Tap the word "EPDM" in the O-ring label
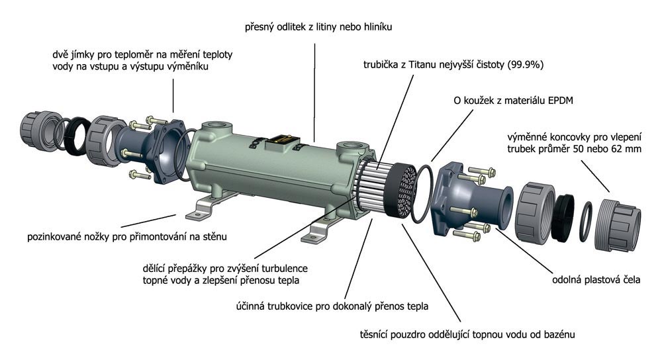click(x=560, y=101)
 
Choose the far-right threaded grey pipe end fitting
click(x=617, y=226)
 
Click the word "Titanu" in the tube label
click(x=424, y=65)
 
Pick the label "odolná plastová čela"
click(x=596, y=279)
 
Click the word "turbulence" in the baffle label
click(x=285, y=269)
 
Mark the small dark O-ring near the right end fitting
click(x=585, y=222)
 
